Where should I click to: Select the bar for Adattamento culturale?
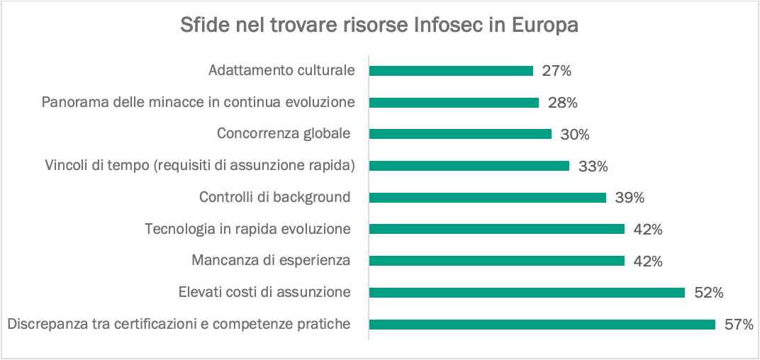451,71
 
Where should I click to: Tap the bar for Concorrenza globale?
460,134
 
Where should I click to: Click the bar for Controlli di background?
488,198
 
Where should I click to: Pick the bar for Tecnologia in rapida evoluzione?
496,229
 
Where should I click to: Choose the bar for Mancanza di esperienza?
496,261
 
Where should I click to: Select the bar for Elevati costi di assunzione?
527,292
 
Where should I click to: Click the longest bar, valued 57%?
542,324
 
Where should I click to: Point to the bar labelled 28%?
454,103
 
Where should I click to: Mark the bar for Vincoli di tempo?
469,166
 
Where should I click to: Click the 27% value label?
557,71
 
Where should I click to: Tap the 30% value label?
575,134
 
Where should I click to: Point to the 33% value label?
593,167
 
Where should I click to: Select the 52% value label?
708,293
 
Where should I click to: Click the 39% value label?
630,198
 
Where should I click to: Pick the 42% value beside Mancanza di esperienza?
648,261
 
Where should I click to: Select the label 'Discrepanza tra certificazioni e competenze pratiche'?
179,325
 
